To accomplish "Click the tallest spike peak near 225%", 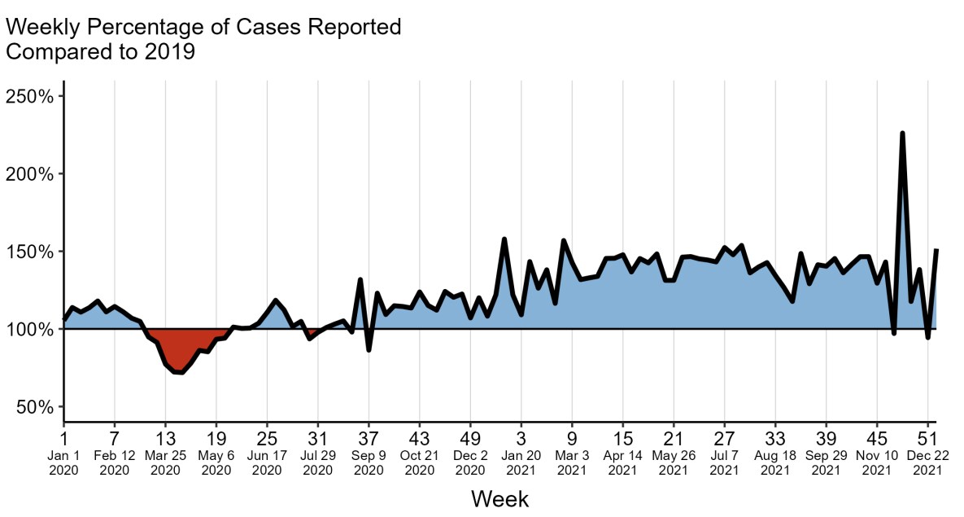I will point(902,134).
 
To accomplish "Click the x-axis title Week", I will point(500,498).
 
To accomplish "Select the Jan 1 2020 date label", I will point(63,462).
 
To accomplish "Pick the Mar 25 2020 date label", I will point(165,462).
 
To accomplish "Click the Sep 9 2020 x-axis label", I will point(369,462).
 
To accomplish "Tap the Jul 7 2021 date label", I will point(725,462).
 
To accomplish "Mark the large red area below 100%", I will point(180,350).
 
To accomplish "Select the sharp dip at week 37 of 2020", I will point(369,349).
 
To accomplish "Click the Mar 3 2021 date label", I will point(572,462).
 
